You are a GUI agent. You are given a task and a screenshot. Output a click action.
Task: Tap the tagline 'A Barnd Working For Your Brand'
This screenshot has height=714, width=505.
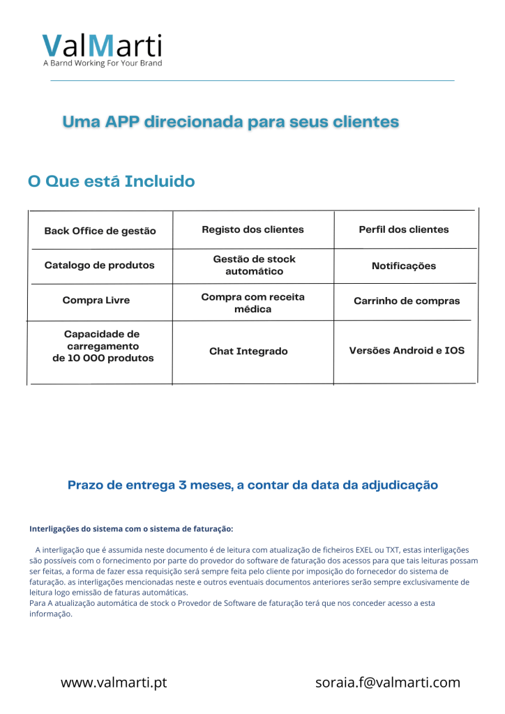(103, 63)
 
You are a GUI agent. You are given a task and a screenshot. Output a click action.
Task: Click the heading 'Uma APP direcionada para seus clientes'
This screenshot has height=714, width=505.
(230, 122)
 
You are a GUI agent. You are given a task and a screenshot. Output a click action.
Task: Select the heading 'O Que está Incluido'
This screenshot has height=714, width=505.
(112, 182)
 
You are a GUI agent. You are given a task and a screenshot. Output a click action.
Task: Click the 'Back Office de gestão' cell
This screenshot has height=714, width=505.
(100, 231)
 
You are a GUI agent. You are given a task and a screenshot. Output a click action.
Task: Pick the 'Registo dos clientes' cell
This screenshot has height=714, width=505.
(252, 229)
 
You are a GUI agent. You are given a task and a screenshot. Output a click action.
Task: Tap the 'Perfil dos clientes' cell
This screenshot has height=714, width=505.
(404, 229)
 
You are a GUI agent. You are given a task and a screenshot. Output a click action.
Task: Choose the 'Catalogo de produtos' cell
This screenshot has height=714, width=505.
(100, 265)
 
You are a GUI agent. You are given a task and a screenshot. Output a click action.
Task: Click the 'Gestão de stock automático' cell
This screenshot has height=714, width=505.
(254, 265)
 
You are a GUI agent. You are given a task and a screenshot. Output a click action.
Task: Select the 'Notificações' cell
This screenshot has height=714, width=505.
(404, 266)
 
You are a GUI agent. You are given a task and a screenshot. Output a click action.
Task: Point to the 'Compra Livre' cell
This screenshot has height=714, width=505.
(96, 301)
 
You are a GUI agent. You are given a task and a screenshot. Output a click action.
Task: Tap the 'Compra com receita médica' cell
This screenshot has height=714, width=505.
(252, 303)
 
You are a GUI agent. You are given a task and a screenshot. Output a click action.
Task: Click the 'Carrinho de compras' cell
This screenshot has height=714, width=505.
(407, 301)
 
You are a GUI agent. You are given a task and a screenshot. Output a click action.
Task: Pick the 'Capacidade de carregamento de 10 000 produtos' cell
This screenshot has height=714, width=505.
(103, 347)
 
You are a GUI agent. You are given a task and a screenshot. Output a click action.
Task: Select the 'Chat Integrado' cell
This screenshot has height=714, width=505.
(248, 351)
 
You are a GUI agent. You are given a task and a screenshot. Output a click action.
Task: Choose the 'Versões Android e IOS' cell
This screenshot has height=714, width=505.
(407, 350)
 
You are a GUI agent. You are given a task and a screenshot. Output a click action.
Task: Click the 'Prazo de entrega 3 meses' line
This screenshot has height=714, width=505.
(252, 485)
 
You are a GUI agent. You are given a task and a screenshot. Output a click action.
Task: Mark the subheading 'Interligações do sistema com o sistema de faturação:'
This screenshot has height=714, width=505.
(131, 529)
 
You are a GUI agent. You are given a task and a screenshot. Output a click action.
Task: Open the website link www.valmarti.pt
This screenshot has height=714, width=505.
(114, 683)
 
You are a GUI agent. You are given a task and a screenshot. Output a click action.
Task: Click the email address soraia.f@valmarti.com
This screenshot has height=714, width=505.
(388, 683)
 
